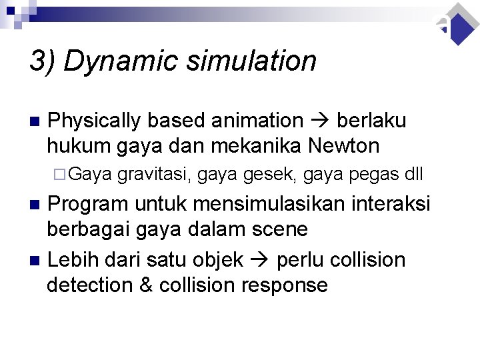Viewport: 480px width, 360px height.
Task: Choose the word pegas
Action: [x=376, y=175]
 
